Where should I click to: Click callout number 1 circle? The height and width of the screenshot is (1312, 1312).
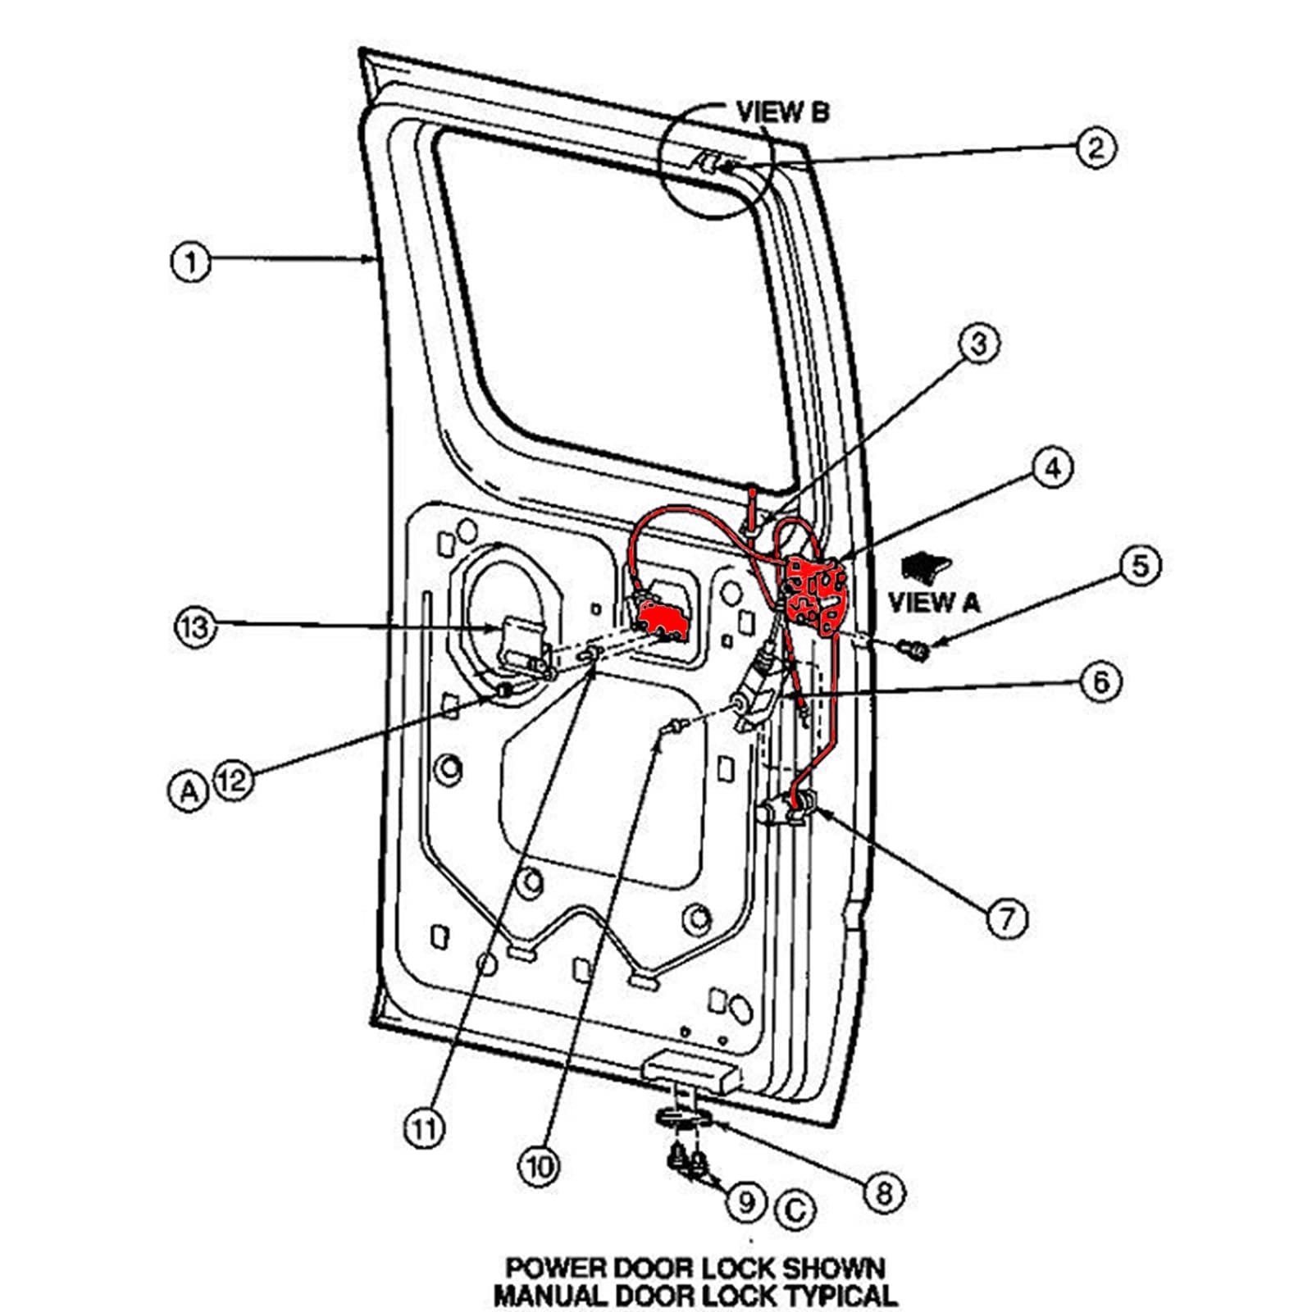pos(190,262)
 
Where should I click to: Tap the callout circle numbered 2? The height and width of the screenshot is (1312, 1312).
pos(1096,148)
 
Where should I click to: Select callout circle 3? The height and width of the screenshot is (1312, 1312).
pos(979,344)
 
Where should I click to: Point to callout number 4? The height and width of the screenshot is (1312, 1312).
pos(1052,468)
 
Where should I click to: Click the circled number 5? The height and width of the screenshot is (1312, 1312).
pos(1141,566)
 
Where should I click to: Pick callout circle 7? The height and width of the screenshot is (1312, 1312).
pos(1006,918)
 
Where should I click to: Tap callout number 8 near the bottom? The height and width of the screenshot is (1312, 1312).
pos(884,1192)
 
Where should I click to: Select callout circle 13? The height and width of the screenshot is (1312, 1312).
pos(195,628)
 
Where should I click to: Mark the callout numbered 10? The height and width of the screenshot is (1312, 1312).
pos(539,1166)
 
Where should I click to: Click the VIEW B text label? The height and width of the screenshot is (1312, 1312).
pos(782,112)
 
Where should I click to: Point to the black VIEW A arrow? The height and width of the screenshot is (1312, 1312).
pos(925,566)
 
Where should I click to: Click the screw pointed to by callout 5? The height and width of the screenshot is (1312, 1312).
pos(916,650)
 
